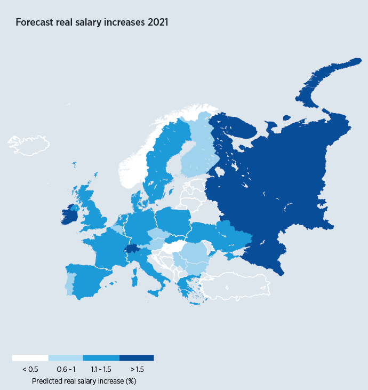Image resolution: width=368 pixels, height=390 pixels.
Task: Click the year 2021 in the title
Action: point(158,22)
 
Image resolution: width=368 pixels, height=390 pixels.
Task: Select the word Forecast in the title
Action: point(34,22)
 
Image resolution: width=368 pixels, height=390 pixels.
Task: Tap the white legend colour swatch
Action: point(30,358)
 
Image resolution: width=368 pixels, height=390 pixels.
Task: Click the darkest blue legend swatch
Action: point(137,358)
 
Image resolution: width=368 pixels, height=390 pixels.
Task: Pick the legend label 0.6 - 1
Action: point(66,369)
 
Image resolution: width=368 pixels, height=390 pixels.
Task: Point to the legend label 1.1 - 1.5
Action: point(101,369)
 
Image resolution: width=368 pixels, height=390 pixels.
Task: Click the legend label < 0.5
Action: point(30,369)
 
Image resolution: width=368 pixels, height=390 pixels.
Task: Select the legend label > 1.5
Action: point(137,369)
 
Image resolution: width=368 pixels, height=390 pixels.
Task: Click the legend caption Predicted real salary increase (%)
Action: point(84,381)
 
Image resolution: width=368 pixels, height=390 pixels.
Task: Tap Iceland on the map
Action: point(29,146)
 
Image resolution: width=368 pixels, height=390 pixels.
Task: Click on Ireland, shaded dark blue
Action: point(69,215)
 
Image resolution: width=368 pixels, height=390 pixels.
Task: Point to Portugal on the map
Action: point(70,283)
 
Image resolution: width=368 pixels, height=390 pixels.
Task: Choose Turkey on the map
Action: point(236,286)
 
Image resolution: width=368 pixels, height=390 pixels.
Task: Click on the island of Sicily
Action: point(155,293)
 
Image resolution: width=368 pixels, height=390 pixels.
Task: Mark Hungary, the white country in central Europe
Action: point(173,247)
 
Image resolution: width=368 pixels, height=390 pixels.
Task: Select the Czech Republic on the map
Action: point(158,234)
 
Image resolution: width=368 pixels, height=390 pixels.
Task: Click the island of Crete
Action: point(195,304)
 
